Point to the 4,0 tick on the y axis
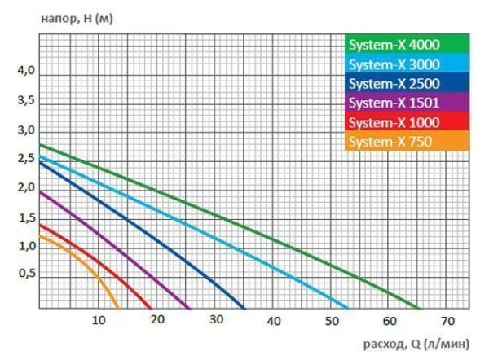(27, 72)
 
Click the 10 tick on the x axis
(98, 320)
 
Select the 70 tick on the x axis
(448, 320)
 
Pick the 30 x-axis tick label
(215, 320)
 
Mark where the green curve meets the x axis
(421, 310)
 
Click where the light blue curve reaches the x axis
(349, 310)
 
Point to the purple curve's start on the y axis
(39, 191)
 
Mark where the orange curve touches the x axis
(119, 310)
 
